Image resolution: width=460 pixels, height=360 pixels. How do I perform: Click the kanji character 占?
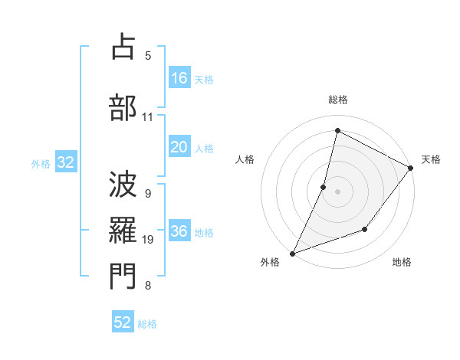tap(122, 47)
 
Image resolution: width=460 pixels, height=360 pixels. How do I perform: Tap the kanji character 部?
tap(122, 107)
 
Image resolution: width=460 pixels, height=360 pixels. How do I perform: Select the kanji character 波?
tap(122, 185)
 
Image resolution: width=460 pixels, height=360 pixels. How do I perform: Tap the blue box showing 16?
tap(179, 78)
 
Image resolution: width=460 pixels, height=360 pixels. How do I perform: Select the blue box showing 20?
tap(179, 148)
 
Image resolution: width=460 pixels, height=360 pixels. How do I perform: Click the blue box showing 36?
tap(179, 232)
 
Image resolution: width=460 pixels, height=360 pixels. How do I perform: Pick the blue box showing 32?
tap(65, 163)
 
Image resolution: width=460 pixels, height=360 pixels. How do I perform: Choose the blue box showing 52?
tap(123, 323)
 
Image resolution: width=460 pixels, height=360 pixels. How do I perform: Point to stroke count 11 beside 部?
tap(148, 117)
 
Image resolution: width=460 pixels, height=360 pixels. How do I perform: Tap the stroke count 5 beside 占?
tap(148, 55)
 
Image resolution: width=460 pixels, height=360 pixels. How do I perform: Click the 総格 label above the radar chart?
tap(337, 100)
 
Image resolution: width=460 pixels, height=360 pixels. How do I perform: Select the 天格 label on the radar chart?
tap(431, 159)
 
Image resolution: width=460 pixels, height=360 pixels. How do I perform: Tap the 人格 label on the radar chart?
tap(245, 159)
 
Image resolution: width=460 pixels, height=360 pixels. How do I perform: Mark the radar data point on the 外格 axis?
tap(292, 253)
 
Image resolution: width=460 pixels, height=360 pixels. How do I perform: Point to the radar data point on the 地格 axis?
tap(365, 229)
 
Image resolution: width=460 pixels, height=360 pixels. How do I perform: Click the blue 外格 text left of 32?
tap(41, 164)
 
